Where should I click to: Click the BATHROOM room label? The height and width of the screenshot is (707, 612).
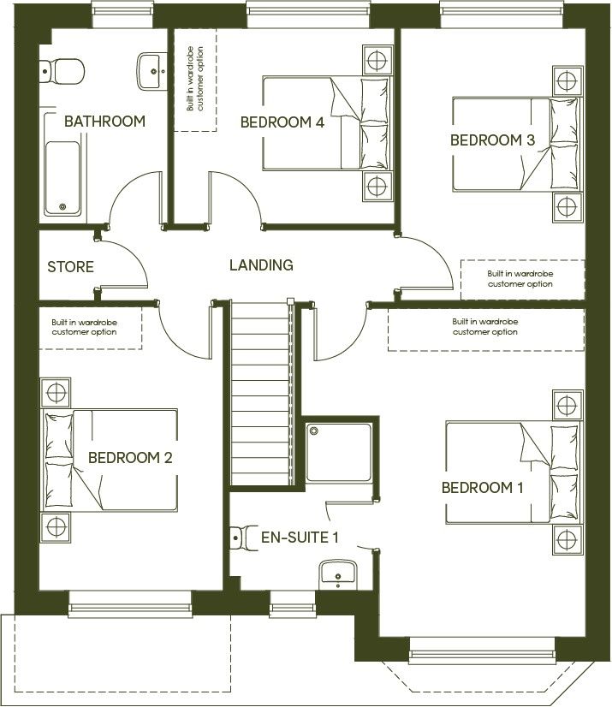(x=104, y=122)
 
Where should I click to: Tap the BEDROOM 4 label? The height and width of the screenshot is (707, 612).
(x=282, y=122)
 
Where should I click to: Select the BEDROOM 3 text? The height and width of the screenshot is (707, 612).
(x=492, y=140)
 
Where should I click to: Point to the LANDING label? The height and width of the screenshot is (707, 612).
(x=261, y=265)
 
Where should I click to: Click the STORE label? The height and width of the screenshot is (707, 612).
(x=70, y=267)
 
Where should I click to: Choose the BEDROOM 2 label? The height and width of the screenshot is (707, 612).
(x=130, y=458)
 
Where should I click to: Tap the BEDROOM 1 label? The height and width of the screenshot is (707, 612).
(x=482, y=488)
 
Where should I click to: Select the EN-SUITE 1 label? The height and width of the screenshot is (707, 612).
(x=300, y=538)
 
